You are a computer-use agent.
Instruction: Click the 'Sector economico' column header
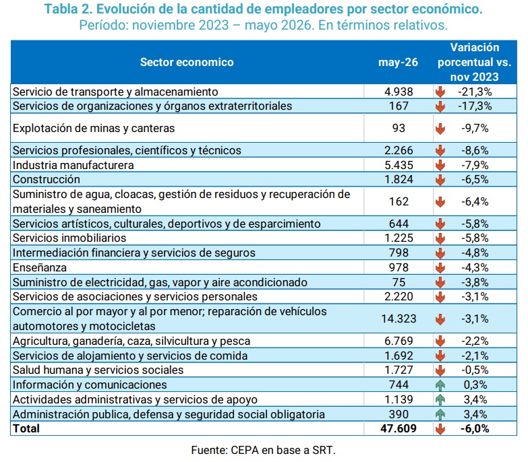click(x=187, y=62)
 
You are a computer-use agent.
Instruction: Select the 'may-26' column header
click(x=398, y=62)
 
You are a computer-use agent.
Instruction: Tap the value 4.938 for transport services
click(x=399, y=92)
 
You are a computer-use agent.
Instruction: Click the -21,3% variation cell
click(x=475, y=92)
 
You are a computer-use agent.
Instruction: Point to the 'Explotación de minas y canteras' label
click(x=94, y=128)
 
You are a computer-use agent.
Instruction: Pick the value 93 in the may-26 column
click(x=399, y=128)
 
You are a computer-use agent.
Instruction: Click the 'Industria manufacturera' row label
click(x=73, y=165)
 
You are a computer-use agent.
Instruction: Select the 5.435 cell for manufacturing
click(x=399, y=165)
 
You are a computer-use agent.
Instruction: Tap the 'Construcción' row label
click(x=47, y=179)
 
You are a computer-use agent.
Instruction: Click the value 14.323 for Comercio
click(x=399, y=319)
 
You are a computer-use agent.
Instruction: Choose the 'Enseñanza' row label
click(x=40, y=267)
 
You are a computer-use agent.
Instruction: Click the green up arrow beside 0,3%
click(x=440, y=385)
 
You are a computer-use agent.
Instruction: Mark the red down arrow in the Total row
click(x=440, y=429)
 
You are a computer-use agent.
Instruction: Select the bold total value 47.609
click(x=399, y=428)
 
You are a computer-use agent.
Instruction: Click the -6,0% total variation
click(x=475, y=428)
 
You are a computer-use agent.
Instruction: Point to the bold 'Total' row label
click(x=26, y=428)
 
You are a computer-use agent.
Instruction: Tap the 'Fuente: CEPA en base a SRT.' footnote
click(x=264, y=450)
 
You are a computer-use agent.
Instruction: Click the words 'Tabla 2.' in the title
click(x=68, y=9)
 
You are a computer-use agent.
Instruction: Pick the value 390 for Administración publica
click(x=399, y=414)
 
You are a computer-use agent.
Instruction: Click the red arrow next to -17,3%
click(x=440, y=106)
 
